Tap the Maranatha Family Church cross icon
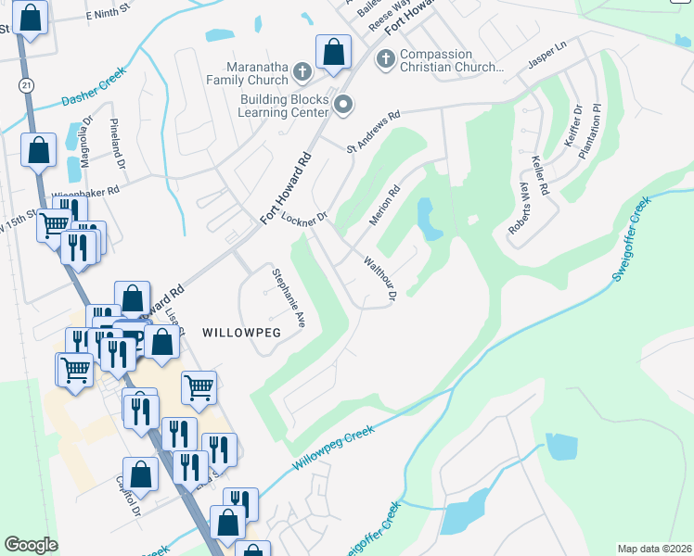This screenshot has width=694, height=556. click(x=302, y=70)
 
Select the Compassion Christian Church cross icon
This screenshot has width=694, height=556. click(x=385, y=60)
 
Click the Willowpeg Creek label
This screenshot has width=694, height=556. click(x=333, y=448)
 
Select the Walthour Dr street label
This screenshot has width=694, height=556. click(x=380, y=278)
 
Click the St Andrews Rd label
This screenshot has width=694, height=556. click(x=373, y=132)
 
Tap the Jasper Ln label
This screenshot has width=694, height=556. click(x=547, y=57)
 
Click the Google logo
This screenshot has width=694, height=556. click(x=31, y=545)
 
